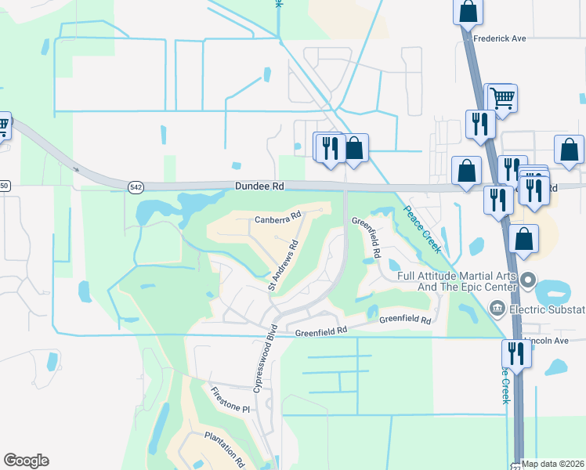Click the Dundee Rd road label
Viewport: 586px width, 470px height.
pyautogui.click(x=259, y=186)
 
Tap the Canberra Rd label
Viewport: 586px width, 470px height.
pyautogui.click(x=278, y=219)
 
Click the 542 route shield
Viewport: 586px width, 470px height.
pyautogui.click(x=137, y=186)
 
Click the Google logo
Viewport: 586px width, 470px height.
pyautogui.click(x=26, y=461)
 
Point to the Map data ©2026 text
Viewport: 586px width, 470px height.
pyautogui.click(x=552, y=465)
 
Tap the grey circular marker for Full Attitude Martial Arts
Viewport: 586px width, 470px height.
pyautogui.click(x=529, y=279)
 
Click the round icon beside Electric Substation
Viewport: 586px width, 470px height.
pyautogui.click(x=496, y=309)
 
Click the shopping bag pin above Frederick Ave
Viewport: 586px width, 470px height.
pyautogui.click(x=468, y=11)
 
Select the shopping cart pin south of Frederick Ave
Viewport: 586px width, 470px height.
pyautogui.click(x=501, y=98)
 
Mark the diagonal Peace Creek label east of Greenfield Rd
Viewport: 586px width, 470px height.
pyautogui.click(x=421, y=229)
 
